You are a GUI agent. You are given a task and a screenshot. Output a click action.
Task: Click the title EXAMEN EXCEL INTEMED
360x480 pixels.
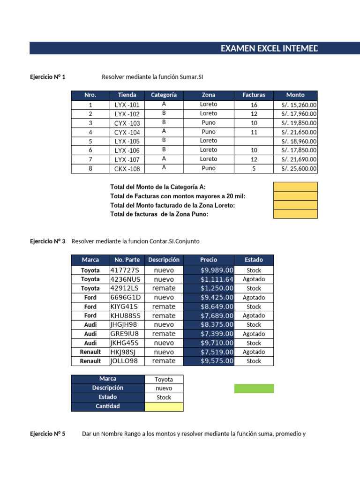[x=270, y=48]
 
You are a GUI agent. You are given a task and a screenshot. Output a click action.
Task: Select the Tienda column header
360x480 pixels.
[x=127, y=95]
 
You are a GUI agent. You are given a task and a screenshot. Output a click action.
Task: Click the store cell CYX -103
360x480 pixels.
[x=127, y=123]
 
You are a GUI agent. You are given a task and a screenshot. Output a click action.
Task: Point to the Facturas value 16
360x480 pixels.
[x=254, y=105]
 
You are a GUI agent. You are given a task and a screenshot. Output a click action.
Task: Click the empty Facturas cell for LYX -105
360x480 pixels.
[x=254, y=141]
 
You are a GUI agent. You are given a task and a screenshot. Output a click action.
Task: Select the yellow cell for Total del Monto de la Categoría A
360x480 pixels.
[x=295, y=187]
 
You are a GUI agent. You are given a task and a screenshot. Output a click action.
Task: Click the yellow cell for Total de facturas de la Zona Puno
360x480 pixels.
[x=295, y=214]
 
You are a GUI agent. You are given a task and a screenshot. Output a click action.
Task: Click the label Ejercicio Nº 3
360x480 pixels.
[x=47, y=241]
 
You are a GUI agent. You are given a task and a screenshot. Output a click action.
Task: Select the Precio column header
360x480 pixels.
[x=209, y=260]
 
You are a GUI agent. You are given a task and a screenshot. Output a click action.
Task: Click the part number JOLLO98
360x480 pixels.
[x=124, y=361]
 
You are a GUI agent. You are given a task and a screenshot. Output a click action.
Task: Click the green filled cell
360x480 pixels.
[x=254, y=389]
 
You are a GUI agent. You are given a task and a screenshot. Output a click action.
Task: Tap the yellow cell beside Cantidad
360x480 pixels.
[x=164, y=406]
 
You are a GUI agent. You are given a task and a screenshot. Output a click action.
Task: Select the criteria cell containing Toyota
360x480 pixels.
[x=164, y=379]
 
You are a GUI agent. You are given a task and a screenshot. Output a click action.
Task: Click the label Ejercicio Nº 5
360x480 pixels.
[x=47, y=434]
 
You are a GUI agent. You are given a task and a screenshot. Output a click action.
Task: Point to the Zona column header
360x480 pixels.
[x=209, y=95]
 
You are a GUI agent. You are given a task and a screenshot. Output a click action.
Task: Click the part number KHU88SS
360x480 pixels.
[x=125, y=315]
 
